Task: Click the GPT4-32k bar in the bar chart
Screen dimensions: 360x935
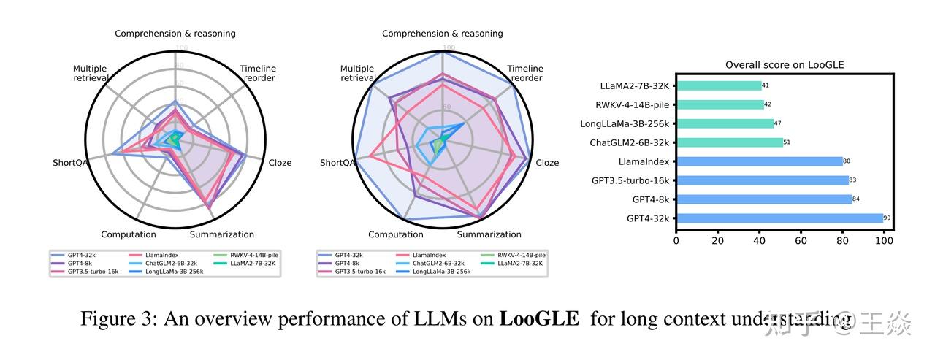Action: coord(779,218)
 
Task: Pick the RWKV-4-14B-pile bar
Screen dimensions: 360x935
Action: coord(720,104)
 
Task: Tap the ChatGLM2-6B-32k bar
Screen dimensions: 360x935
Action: coord(729,142)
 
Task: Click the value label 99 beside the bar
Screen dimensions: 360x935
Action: coord(887,218)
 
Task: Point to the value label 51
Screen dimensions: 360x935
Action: coord(787,142)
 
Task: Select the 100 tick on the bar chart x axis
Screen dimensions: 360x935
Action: coord(884,240)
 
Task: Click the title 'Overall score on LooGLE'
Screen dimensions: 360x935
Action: coord(785,65)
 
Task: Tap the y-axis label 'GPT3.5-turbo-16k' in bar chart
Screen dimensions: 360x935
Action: coord(630,180)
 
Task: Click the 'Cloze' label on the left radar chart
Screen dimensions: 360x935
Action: coord(280,163)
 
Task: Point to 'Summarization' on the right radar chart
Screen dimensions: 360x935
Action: coord(489,234)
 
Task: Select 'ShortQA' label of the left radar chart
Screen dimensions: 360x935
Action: coord(70,163)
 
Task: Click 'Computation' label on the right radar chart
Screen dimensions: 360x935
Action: coord(395,234)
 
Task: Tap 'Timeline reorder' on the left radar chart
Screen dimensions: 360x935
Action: coord(259,74)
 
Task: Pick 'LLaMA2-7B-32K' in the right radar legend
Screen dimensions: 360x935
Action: coord(520,263)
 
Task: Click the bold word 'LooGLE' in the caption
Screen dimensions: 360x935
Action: coord(539,319)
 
